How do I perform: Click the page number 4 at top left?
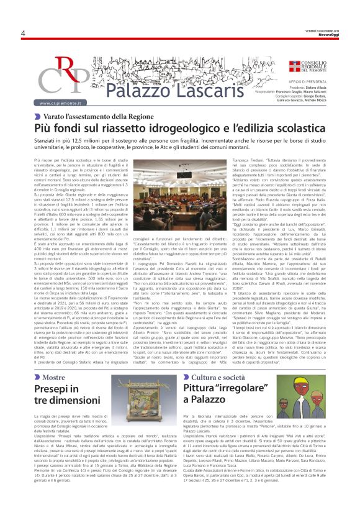(x=22, y=34)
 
